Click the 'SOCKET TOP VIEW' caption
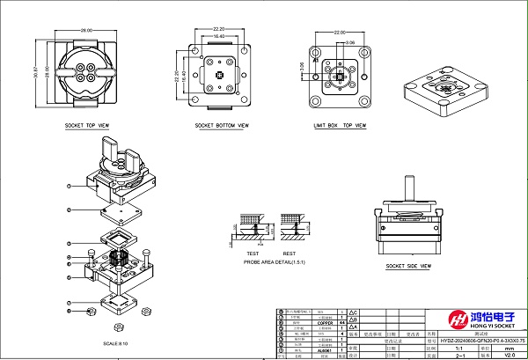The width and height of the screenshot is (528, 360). [x=87, y=126]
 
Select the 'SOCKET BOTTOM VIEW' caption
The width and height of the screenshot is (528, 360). [x=222, y=126]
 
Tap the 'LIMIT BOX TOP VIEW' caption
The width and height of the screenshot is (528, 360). [x=340, y=126]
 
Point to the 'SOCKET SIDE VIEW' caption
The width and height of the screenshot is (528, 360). [x=407, y=265]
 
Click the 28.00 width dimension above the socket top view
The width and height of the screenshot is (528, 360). [x=86, y=31]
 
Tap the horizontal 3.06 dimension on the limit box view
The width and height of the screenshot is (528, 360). [x=349, y=41]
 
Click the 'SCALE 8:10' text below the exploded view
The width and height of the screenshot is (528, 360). [x=116, y=342]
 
